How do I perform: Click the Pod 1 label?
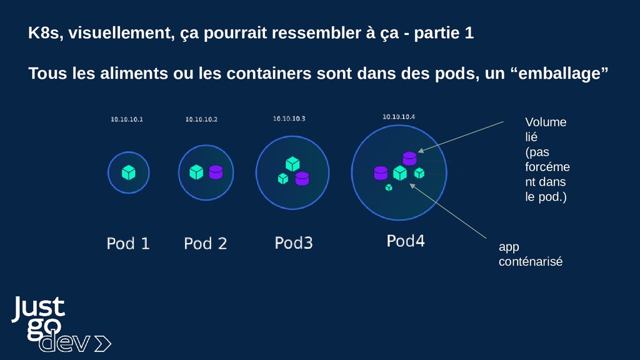[x=128, y=243]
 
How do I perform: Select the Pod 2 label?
[x=205, y=243]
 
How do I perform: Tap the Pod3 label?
[x=293, y=242]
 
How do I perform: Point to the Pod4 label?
[x=405, y=241]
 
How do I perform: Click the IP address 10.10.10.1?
[x=127, y=119]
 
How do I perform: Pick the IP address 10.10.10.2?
[x=201, y=119]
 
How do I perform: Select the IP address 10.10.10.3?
[x=289, y=118]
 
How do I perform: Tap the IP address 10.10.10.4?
[x=399, y=116]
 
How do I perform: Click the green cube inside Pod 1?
[x=129, y=172]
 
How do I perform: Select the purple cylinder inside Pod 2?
[x=216, y=172]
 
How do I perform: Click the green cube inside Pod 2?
[x=196, y=171]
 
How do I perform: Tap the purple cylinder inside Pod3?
[x=302, y=178]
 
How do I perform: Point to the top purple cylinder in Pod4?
[x=409, y=158]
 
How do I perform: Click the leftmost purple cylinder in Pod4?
[x=380, y=172]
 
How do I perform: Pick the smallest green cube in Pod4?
[x=389, y=187]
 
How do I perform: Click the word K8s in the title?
[x=45, y=34]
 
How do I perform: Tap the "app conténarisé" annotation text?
[x=530, y=254]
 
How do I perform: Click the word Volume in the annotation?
[x=545, y=122]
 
